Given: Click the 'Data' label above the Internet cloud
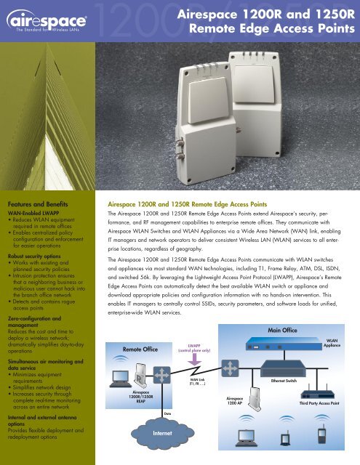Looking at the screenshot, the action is click(x=167, y=413).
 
